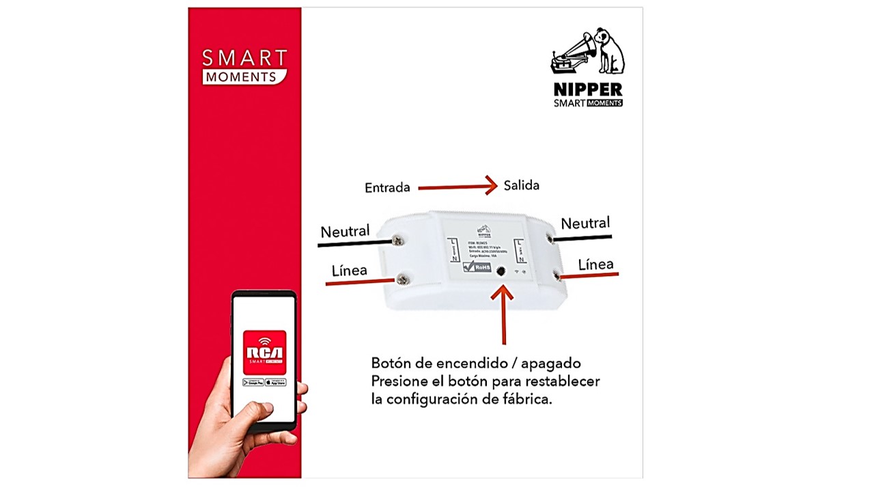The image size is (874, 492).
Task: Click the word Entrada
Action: [387, 187]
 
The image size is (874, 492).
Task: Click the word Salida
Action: [522, 185]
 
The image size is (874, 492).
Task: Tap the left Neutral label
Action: [345, 232]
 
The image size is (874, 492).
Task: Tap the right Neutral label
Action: [585, 223]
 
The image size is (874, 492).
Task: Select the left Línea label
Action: [349, 271]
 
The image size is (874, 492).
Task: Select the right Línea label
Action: [595, 264]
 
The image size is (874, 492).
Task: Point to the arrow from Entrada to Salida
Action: [457, 186]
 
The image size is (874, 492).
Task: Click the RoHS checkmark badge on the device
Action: [477, 267]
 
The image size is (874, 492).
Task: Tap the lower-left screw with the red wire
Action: [403, 278]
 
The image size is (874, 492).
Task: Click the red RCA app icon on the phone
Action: [264, 352]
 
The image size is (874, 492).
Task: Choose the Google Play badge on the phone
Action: [253, 382]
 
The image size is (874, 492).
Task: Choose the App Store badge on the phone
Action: [275, 382]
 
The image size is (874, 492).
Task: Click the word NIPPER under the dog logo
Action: [588, 90]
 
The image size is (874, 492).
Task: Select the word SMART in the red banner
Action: [244, 57]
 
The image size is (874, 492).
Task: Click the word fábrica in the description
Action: [524, 400]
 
